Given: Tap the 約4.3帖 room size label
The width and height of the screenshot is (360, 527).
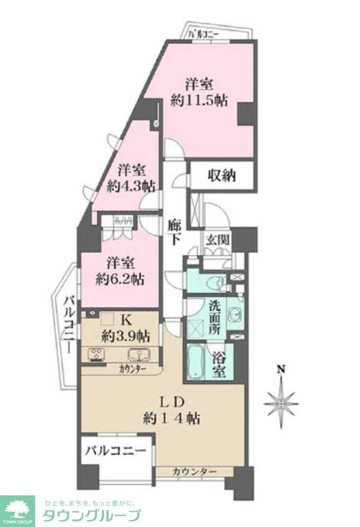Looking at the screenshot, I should tap(131, 186).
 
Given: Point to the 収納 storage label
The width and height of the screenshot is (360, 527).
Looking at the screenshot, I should tap(222, 175).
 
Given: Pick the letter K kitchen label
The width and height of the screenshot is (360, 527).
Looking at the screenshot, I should tap(126, 319).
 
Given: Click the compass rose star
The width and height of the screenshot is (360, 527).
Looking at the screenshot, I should tap(282, 402).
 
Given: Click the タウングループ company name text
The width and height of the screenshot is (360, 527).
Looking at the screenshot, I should tap(92, 515).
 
